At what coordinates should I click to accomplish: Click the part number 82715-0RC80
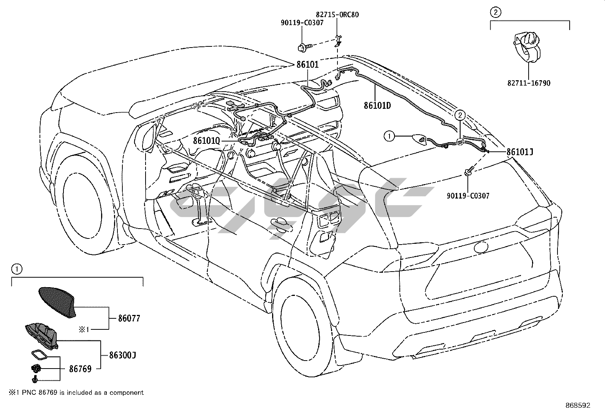click(337, 15)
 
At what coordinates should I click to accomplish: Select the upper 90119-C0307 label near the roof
click(302, 23)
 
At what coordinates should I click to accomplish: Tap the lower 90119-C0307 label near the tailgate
click(468, 196)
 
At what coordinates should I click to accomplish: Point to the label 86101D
click(377, 105)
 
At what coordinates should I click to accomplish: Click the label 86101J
click(519, 152)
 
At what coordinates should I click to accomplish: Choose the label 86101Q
click(206, 141)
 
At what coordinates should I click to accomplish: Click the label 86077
click(129, 318)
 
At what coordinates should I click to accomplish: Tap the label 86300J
click(122, 355)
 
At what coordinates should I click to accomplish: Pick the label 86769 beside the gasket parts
click(80, 369)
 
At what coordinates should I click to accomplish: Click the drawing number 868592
click(577, 405)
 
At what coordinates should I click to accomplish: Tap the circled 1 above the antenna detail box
click(16, 269)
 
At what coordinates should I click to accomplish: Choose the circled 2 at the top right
click(495, 13)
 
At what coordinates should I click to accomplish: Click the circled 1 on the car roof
click(389, 136)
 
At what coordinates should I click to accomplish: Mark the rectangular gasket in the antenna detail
click(39, 355)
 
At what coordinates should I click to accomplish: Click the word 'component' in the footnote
click(127, 393)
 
